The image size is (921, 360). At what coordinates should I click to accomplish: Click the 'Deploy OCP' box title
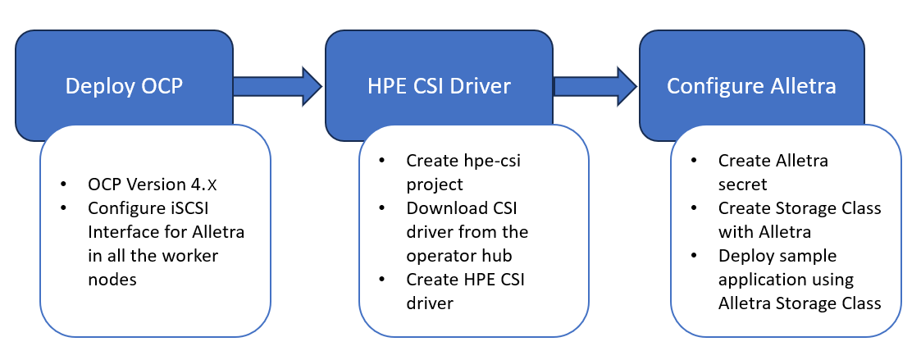[123, 86]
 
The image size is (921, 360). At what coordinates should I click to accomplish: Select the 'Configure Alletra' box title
[751, 86]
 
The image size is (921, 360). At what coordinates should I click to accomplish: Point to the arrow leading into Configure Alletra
[595, 86]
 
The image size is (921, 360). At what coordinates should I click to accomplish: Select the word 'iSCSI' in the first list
[179, 208]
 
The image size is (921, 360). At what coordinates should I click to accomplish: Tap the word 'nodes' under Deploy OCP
[112, 280]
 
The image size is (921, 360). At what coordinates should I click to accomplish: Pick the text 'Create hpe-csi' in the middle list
[463, 161]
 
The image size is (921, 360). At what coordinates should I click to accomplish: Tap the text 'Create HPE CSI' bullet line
[465, 280]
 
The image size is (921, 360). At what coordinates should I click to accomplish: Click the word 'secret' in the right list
[744, 185]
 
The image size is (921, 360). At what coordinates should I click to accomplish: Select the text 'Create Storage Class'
[800, 208]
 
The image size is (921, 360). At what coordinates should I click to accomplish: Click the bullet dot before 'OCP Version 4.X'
[63, 185]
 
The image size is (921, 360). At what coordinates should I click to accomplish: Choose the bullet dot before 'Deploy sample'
[695, 256]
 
